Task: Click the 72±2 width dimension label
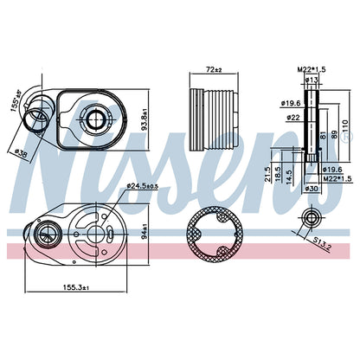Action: point(214,69)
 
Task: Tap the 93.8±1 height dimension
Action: point(144,119)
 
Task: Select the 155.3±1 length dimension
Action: point(76,287)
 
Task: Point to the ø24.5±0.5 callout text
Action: point(143,186)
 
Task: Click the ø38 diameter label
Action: point(21,153)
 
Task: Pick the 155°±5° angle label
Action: point(16,100)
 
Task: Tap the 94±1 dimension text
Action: point(145,232)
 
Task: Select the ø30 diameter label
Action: point(311,189)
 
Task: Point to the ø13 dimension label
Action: point(311,80)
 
